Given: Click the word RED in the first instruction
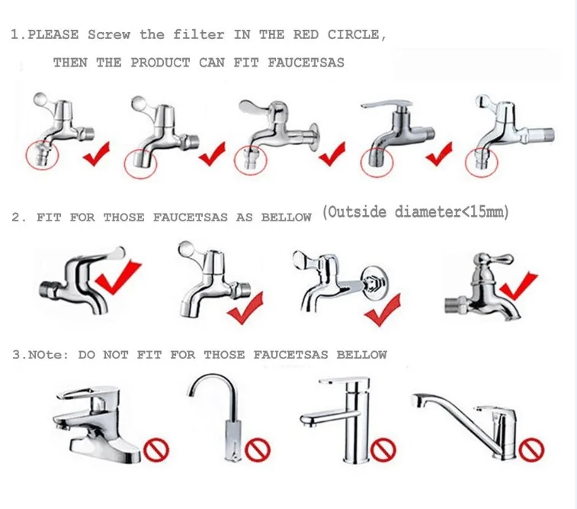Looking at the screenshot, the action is click(306, 34).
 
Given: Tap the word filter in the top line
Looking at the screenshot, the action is click(199, 34).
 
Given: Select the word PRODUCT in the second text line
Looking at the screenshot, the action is click(160, 63).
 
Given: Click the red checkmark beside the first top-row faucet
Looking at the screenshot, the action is click(97, 153).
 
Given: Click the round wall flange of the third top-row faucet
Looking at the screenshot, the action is click(314, 137).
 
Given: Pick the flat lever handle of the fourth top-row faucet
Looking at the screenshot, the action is click(386, 104).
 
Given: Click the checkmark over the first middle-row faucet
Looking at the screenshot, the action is click(117, 277).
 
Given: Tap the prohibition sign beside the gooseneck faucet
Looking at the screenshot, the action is click(258, 449).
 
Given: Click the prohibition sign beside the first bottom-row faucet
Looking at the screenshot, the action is click(156, 449).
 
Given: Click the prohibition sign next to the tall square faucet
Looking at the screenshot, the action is click(383, 449).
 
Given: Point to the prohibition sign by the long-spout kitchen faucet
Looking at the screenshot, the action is click(531, 449).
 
